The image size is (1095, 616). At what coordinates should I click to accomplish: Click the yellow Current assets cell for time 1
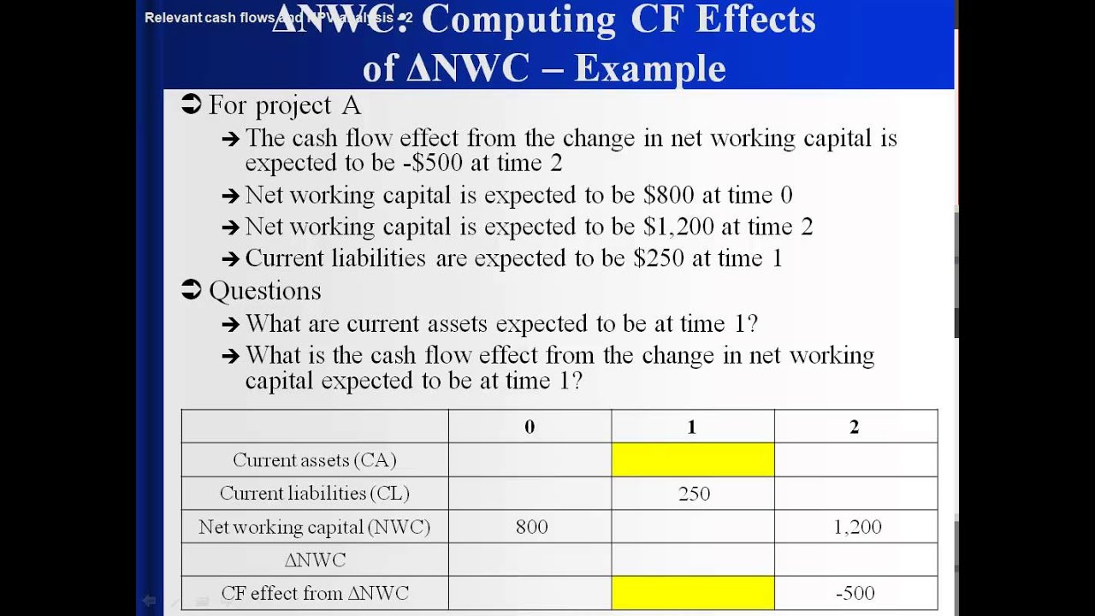[693, 460]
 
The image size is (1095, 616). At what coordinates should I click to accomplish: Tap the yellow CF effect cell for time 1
[693, 593]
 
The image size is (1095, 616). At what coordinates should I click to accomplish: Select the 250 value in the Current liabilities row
[694, 494]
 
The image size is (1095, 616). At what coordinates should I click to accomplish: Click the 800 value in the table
[531, 527]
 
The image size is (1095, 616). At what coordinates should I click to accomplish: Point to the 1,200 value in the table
[857, 527]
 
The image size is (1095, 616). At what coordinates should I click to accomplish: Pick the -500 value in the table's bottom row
[855, 593]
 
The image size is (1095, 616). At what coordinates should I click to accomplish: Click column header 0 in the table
[530, 427]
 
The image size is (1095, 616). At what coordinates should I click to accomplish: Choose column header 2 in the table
[854, 427]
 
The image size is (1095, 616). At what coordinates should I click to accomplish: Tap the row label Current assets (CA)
[315, 460]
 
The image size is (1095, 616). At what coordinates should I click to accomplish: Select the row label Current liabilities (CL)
[315, 494]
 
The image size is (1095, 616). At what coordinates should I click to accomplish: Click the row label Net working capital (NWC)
[315, 527]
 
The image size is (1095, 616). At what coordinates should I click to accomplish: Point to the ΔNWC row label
[315, 560]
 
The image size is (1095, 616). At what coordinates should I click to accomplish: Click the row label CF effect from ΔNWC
[315, 593]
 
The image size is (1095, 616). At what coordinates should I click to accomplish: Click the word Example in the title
[650, 68]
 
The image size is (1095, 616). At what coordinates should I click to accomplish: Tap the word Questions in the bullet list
[265, 291]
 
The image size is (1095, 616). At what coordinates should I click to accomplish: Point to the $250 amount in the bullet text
[659, 258]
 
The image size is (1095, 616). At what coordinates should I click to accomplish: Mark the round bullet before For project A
[192, 105]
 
